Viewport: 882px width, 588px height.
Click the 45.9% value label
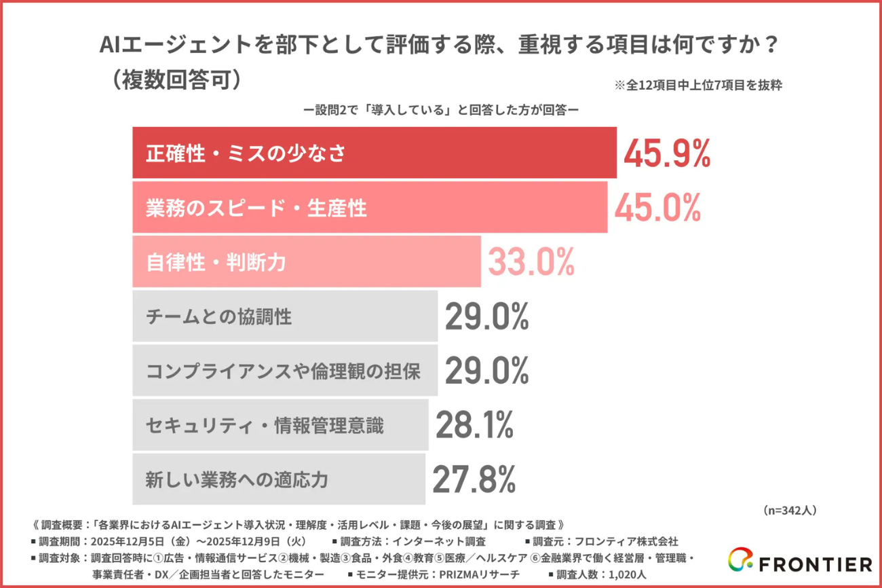point(667,154)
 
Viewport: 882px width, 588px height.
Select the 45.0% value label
point(657,208)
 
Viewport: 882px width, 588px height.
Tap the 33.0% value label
point(531,261)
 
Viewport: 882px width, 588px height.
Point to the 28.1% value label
point(474,425)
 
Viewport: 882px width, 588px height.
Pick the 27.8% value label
point(474,479)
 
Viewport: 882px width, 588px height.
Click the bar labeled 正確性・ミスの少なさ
point(374,153)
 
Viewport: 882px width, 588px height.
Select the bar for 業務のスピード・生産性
point(370,207)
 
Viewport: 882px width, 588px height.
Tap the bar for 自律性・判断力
point(306,262)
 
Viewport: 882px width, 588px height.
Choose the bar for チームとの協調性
point(284,316)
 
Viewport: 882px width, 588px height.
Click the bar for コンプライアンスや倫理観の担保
point(284,371)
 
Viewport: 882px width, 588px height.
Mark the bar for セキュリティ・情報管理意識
point(280,425)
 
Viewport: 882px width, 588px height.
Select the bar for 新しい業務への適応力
point(278,479)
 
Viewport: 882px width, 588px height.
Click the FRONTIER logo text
point(817,564)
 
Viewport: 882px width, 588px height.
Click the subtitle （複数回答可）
point(175,79)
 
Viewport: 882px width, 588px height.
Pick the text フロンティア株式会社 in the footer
point(626,541)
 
